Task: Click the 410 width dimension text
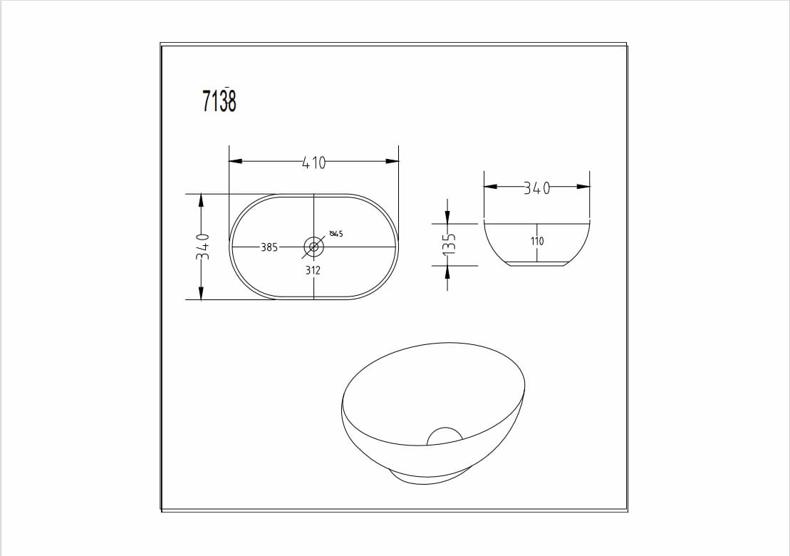click(313, 163)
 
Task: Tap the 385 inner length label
click(269, 247)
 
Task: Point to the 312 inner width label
click(313, 270)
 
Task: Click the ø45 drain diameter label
click(336, 233)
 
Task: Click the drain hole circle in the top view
click(313, 247)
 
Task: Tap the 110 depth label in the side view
click(537, 241)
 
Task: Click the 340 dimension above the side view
click(537, 188)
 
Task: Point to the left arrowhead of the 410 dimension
click(236, 161)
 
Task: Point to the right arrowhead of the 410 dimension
click(392, 161)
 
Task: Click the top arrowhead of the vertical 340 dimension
click(201, 200)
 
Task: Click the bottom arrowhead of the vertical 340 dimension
click(201, 292)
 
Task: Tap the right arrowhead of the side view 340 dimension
click(583, 187)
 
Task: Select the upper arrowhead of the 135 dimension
click(447, 216)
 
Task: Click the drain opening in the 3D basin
click(445, 436)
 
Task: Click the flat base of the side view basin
click(537, 264)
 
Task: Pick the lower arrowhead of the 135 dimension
click(447, 272)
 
